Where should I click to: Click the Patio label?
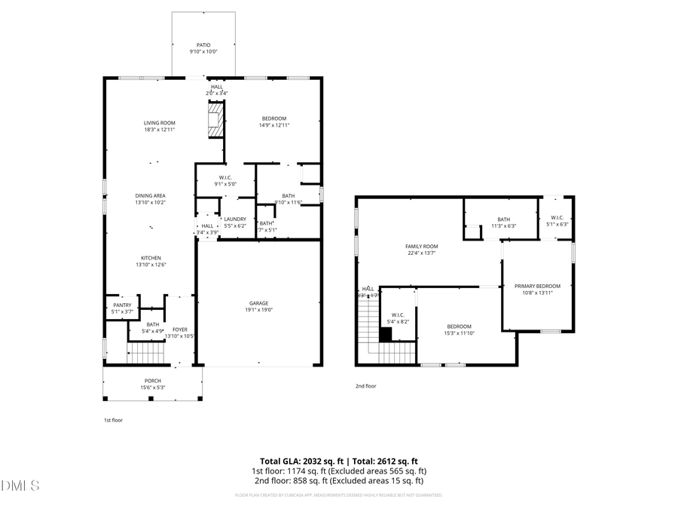point(203,45)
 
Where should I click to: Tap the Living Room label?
point(160,123)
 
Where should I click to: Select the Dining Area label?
point(150,196)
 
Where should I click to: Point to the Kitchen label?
point(150,258)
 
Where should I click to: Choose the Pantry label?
point(122,305)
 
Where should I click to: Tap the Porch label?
point(153,381)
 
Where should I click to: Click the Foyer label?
point(180,330)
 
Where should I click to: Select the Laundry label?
point(235,219)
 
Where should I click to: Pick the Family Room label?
point(421,247)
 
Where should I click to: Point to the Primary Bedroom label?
point(537,286)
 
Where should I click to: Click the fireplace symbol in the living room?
point(215,121)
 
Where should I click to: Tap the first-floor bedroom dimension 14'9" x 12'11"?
point(274,124)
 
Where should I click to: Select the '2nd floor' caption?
point(365,386)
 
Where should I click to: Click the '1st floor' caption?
point(113,420)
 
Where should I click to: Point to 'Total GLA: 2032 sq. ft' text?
point(301,461)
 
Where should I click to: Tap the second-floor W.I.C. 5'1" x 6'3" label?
point(557,220)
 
